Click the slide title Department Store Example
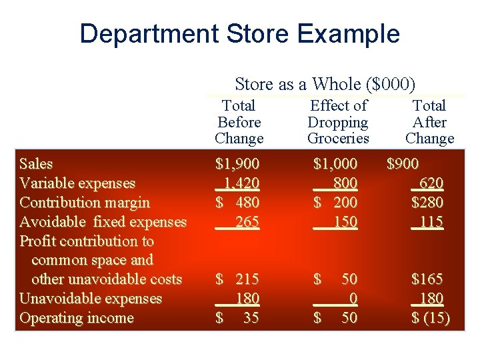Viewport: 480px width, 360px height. point(239,33)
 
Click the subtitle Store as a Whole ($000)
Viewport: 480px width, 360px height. point(325,84)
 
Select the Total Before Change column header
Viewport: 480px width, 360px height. point(239,122)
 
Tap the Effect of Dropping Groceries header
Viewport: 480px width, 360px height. point(338,122)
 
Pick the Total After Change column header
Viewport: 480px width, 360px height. point(429,122)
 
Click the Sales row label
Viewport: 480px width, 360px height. point(37,164)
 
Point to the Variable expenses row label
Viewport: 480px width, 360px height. point(77,183)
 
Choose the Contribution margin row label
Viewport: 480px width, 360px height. point(85,203)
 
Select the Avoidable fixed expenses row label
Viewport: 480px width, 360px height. point(103,222)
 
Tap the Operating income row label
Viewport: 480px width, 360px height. point(77,318)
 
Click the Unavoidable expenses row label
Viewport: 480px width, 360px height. point(91,299)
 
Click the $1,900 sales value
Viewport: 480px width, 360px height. point(237,164)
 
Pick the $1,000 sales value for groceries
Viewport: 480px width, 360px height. point(335,164)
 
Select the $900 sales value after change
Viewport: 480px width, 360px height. point(403,164)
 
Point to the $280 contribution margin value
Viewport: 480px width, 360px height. point(427,203)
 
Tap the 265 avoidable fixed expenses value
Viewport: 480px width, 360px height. point(247,222)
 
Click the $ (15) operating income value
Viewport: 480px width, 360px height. point(430,318)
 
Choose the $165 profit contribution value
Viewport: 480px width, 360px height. point(427,279)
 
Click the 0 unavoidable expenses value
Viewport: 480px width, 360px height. point(351,299)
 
